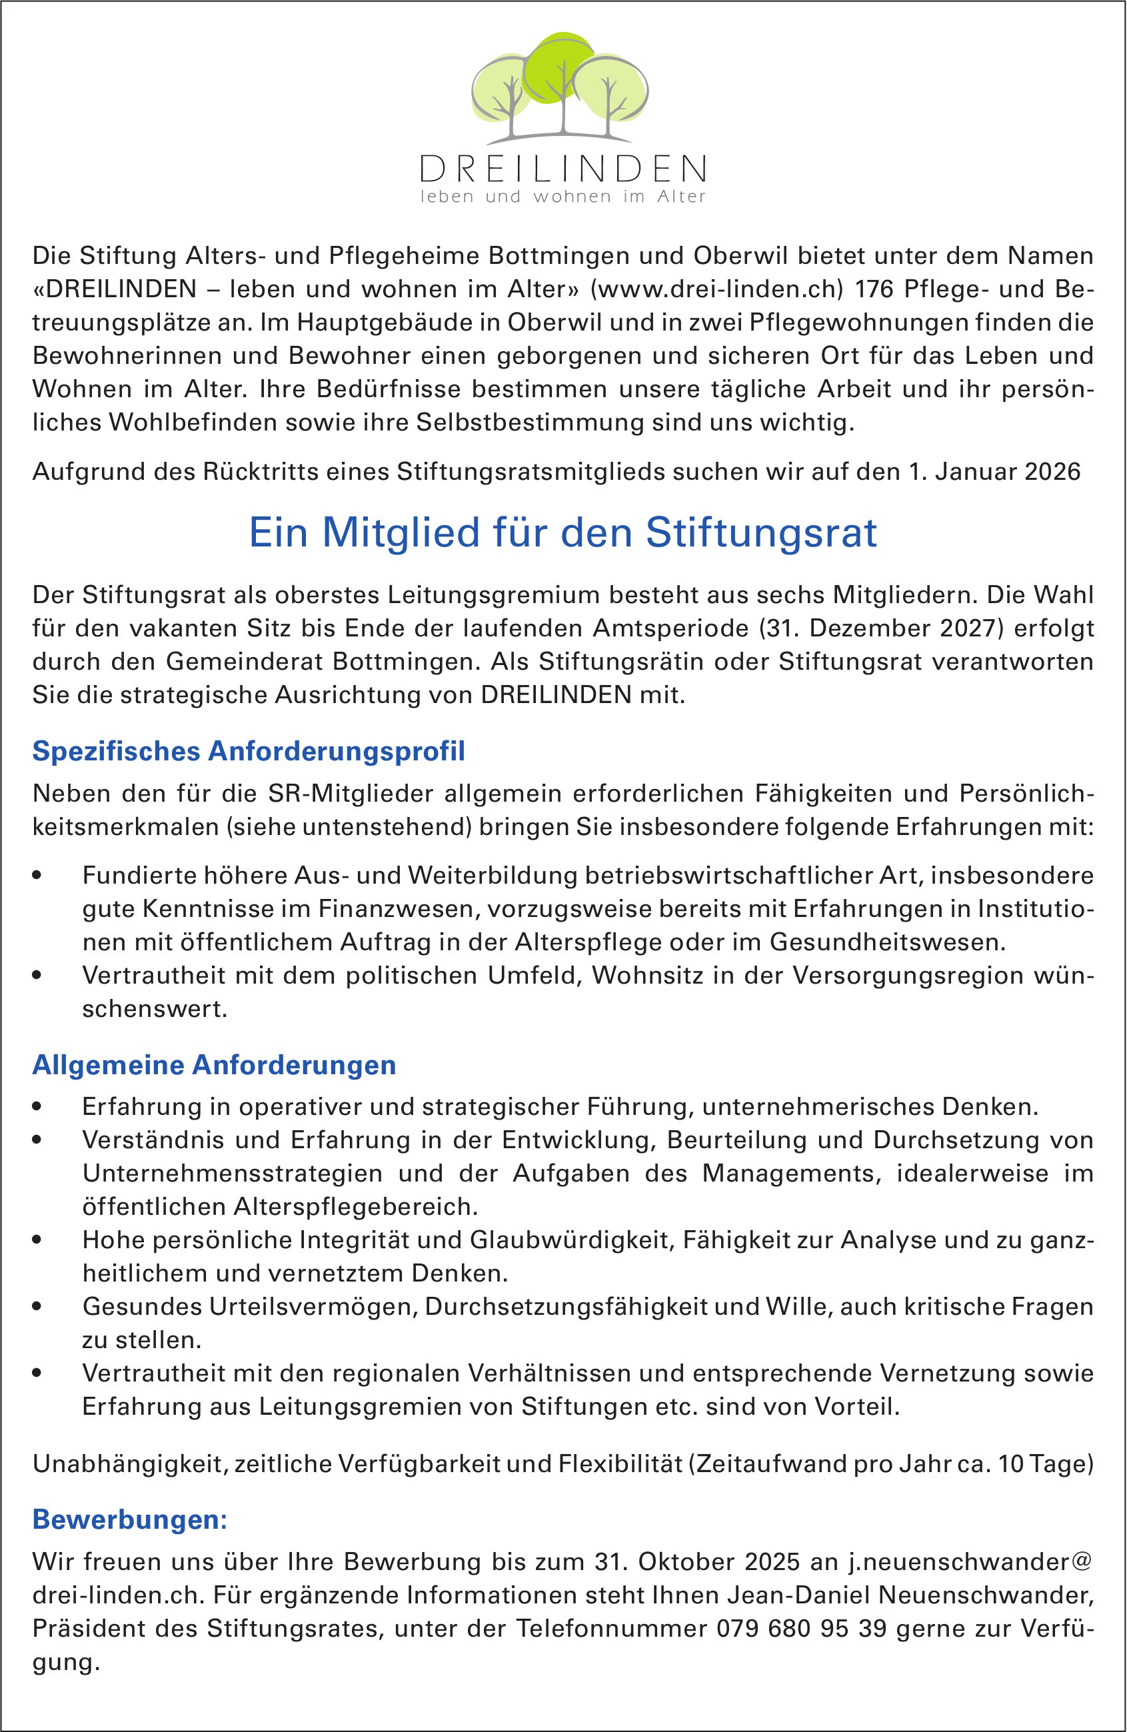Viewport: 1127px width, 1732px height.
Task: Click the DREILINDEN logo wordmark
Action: (x=563, y=169)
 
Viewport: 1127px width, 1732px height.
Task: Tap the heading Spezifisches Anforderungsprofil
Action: (x=248, y=752)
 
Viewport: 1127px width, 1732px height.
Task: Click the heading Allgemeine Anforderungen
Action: (x=214, y=1066)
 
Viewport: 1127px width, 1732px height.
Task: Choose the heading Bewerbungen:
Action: (x=130, y=1520)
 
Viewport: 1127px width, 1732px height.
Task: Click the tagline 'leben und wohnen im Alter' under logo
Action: (x=563, y=197)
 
